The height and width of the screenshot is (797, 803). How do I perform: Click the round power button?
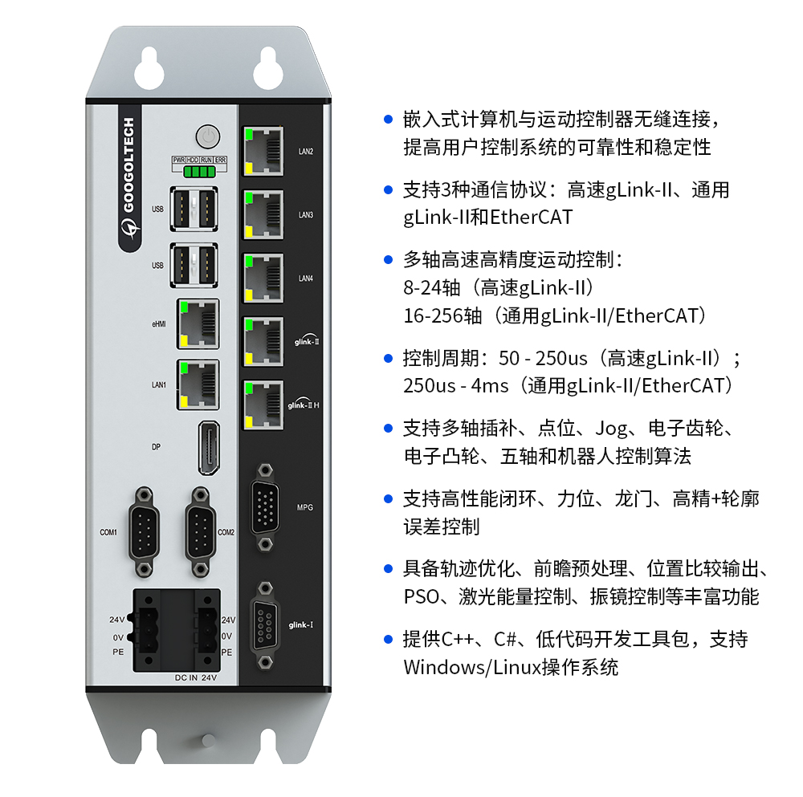pyautogui.click(x=208, y=136)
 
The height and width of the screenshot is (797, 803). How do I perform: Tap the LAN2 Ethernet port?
pyautogui.click(x=263, y=152)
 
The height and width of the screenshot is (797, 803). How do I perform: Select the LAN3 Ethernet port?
pyautogui.click(x=263, y=215)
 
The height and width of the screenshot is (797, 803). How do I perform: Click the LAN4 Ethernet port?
pyautogui.click(x=263, y=279)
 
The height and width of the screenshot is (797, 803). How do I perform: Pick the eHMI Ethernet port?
pyautogui.click(x=198, y=324)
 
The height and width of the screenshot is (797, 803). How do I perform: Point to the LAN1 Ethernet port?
pyautogui.click(x=198, y=384)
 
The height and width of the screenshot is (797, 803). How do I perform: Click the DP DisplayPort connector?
pyautogui.click(x=209, y=448)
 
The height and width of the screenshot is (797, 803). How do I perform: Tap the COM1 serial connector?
pyautogui.click(x=145, y=532)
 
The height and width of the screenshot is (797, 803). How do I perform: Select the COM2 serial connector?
pyautogui.click(x=200, y=532)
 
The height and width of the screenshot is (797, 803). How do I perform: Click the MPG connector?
pyautogui.click(x=265, y=507)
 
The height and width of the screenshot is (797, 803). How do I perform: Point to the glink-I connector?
pyautogui.click(x=265, y=625)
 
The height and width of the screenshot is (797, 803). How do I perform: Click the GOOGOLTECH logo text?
pyautogui.click(x=128, y=165)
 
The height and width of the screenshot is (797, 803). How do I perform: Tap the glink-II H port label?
pyautogui.click(x=304, y=405)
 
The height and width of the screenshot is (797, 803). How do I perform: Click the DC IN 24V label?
pyautogui.click(x=196, y=677)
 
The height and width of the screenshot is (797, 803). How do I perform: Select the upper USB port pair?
pyautogui.click(x=194, y=209)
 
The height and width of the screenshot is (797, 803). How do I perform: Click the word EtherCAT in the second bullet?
pyautogui.click(x=531, y=217)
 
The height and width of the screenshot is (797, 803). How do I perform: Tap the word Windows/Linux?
pyautogui.click(x=472, y=667)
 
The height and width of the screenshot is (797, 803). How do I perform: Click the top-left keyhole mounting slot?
pyautogui.click(x=149, y=68)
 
